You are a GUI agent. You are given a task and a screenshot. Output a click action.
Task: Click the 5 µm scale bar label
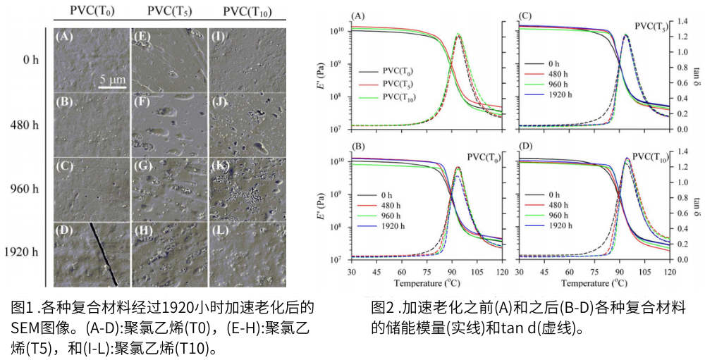tap(111, 79)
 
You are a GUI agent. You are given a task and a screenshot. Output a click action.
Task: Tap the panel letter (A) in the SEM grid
tap(66, 37)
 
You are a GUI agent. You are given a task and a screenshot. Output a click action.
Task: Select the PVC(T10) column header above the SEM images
tap(247, 12)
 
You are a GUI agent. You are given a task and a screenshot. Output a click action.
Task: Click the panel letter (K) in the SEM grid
tap(219, 166)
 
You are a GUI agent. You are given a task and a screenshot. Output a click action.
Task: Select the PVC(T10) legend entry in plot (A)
tap(400, 99)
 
